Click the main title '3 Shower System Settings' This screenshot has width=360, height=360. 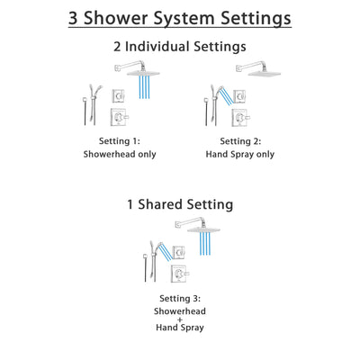click(180, 19)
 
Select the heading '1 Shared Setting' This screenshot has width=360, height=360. click(180, 204)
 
